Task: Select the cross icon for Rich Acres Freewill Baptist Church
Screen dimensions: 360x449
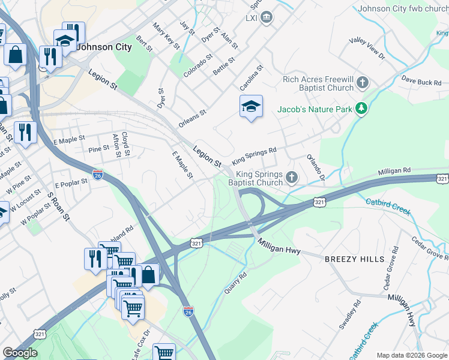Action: (x=362, y=82)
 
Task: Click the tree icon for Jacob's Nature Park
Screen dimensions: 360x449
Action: (x=361, y=109)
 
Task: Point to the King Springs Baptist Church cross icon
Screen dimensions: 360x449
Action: (x=292, y=176)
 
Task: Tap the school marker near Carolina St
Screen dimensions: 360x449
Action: (x=251, y=107)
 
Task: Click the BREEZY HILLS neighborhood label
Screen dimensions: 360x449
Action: (x=354, y=259)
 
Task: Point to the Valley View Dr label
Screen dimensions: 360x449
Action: (x=367, y=48)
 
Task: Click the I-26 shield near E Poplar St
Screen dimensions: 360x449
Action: (x=98, y=175)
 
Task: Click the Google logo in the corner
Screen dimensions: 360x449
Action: (x=20, y=353)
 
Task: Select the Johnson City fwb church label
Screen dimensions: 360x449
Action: (x=403, y=9)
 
